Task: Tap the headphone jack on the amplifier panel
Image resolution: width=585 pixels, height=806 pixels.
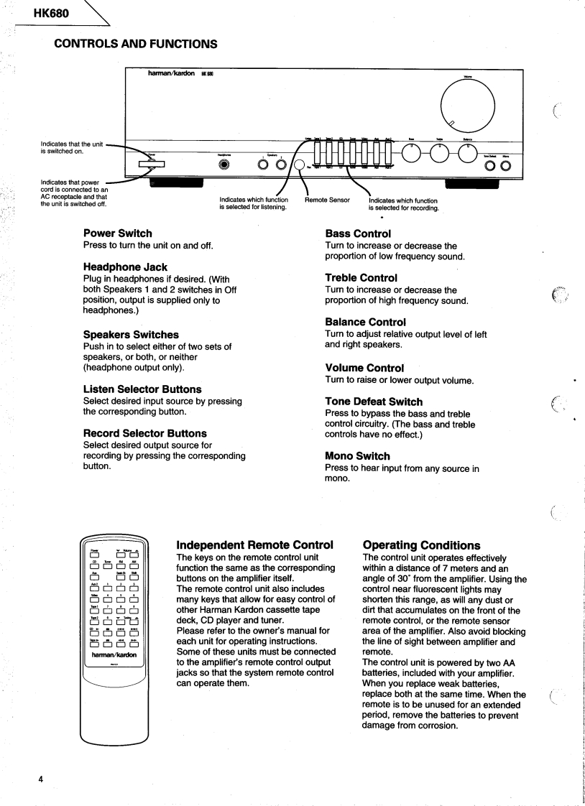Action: [x=224, y=164]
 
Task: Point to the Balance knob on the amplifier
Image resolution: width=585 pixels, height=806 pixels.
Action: [x=468, y=151]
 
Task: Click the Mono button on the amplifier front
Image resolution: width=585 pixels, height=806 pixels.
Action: [x=506, y=166]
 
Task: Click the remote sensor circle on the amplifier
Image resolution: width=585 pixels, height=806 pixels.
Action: [x=300, y=165]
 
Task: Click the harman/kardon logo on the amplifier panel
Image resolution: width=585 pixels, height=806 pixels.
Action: [x=172, y=73]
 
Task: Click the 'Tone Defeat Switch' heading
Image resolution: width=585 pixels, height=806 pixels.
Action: [x=374, y=402]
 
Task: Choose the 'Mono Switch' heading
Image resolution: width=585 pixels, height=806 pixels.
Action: [x=357, y=455]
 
